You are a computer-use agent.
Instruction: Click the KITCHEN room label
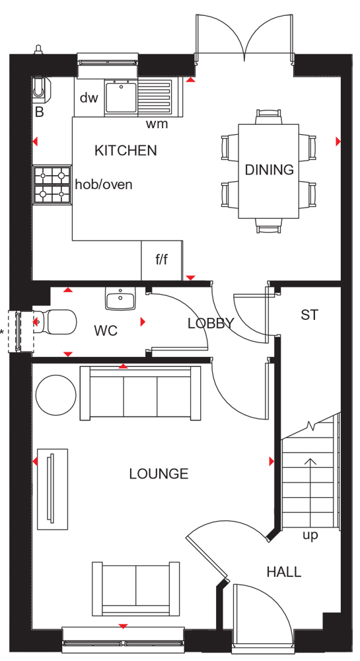pyautogui.click(x=126, y=151)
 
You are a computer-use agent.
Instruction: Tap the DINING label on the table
pyautogui.click(x=269, y=169)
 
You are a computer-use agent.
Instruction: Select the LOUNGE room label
pyautogui.click(x=159, y=474)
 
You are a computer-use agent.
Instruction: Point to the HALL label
pyautogui.click(x=284, y=572)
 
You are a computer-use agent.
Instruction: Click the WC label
pyautogui.click(x=106, y=331)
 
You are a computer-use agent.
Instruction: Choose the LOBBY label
pyautogui.click(x=211, y=323)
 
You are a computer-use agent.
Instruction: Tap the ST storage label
pyautogui.click(x=310, y=315)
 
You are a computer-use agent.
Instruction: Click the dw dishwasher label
pyautogui.click(x=89, y=98)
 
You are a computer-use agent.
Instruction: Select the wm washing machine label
pyautogui.click(x=157, y=124)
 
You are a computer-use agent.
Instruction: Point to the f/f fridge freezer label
pyautogui.click(x=162, y=260)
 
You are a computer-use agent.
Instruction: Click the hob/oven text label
pyautogui.click(x=104, y=184)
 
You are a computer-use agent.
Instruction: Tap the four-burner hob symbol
pyautogui.click(x=52, y=184)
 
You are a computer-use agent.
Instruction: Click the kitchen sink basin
pyautogui.click(x=122, y=97)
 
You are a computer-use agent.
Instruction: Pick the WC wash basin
pyautogui.click(x=120, y=299)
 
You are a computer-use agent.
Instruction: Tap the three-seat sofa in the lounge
pyautogui.click(x=140, y=393)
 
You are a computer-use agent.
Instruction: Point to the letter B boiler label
pyautogui.click(x=39, y=112)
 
